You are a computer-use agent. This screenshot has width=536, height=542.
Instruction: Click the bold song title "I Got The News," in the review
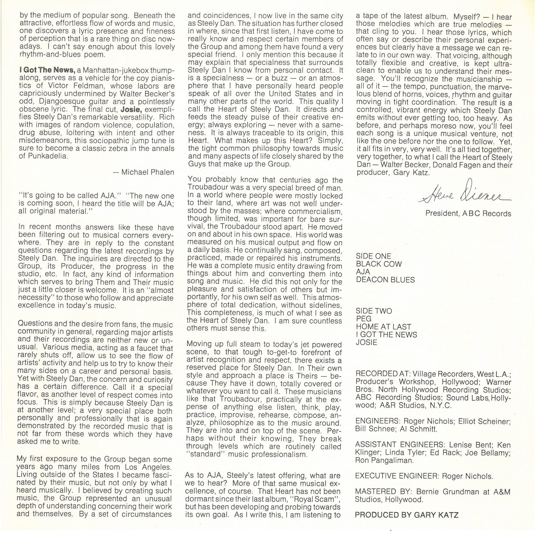point(47,70)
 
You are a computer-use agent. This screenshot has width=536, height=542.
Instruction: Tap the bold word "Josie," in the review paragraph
point(131,110)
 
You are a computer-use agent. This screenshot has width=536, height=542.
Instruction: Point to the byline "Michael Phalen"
point(148,172)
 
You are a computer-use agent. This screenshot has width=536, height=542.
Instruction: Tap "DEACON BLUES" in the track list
point(385,280)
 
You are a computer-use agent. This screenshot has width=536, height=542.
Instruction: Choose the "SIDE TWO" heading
point(374,311)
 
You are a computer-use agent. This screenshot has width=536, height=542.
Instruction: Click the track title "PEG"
point(364,319)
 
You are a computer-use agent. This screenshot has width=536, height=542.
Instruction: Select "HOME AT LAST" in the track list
point(383,327)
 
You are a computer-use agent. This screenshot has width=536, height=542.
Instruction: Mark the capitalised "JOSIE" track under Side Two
point(367,343)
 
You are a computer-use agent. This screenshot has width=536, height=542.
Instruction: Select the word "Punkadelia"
point(48,156)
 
